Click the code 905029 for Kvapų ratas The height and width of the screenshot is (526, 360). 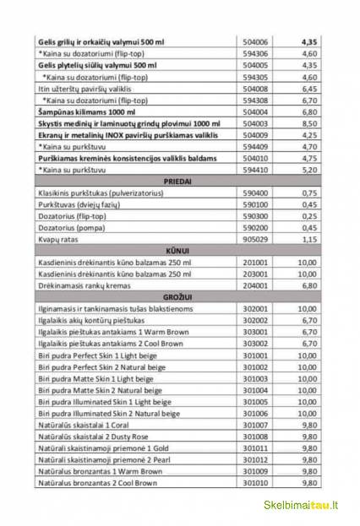point(254,239)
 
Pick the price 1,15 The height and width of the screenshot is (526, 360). point(308,239)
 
